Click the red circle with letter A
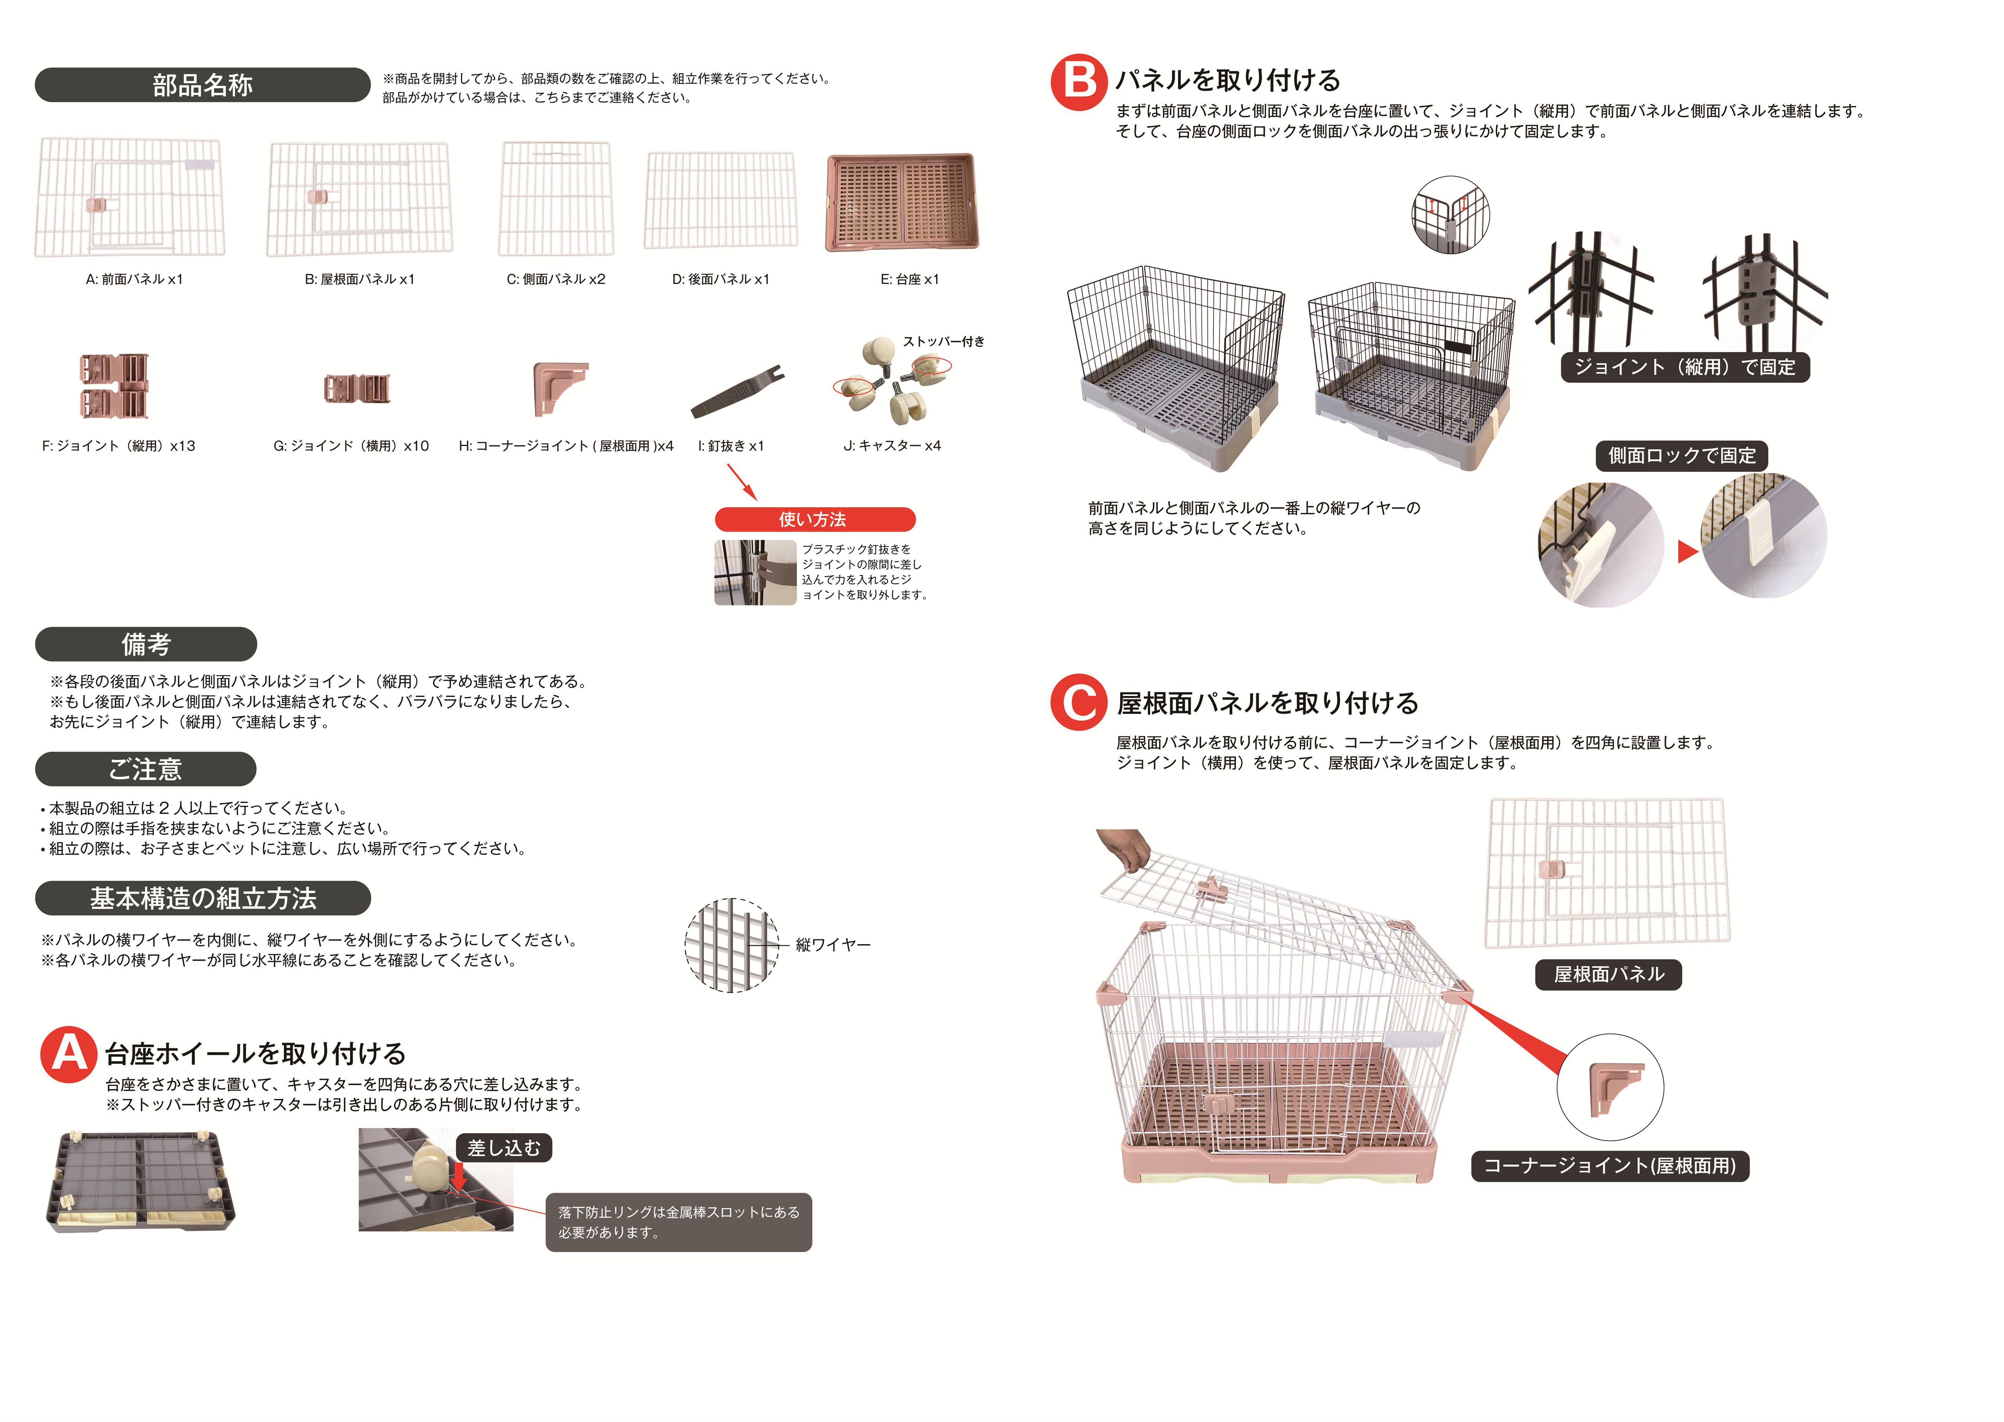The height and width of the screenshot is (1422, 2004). click(68, 1054)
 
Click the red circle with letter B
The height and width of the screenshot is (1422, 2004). click(1079, 82)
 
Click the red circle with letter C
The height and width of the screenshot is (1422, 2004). click(1079, 702)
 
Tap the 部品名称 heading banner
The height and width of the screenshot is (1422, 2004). click(202, 85)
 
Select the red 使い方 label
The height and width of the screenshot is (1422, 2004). click(814, 519)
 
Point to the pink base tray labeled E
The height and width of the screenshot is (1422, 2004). click(902, 202)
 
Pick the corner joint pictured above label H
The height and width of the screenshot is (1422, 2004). click(560, 389)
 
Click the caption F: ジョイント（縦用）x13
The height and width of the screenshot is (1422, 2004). click(119, 446)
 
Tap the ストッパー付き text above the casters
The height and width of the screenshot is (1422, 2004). click(944, 342)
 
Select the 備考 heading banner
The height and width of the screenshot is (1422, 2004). click(146, 645)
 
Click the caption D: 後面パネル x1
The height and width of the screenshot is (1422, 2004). click(721, 279)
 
